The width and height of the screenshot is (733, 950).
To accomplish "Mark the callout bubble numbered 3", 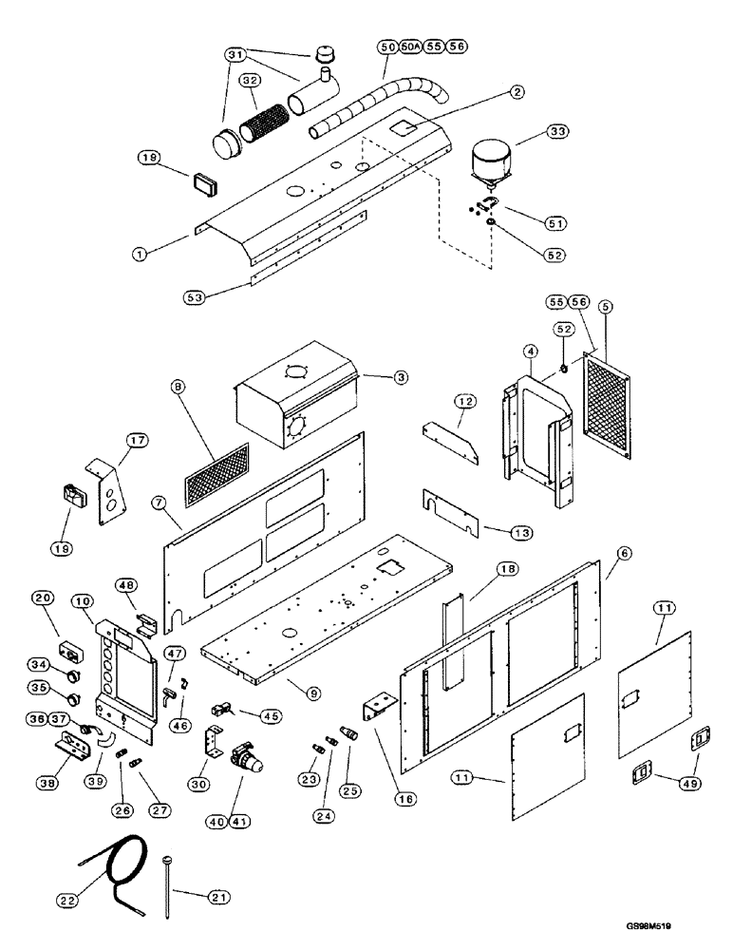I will [402, 377].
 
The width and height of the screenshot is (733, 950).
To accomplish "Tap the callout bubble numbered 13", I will [497, 531].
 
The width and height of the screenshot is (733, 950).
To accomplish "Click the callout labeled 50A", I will [409, 46].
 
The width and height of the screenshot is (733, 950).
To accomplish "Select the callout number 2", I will [516, 92].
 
